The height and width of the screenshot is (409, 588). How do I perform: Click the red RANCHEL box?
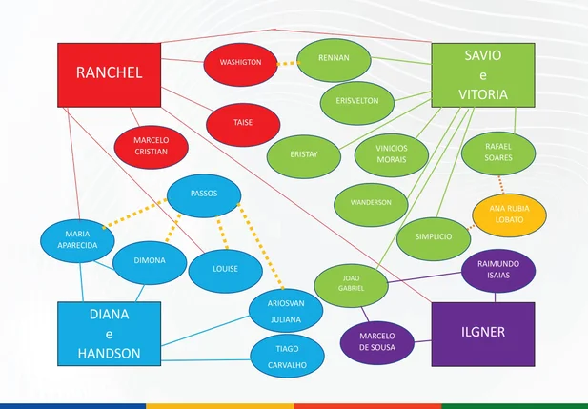[x=110, y=75]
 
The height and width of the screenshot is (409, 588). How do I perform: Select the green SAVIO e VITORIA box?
[x=483, y=75]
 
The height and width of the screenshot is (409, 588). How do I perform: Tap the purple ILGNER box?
[x=483, y=335]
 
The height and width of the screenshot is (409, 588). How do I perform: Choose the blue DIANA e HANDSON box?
[x=110, y=334]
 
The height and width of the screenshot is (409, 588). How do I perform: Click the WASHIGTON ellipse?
[x=241, y=64]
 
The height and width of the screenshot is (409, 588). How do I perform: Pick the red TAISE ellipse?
[x=243, y=125]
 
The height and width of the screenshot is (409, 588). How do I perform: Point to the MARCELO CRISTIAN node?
[x=152, y=147]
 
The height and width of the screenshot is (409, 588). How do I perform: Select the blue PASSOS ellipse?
[x=204, y=195]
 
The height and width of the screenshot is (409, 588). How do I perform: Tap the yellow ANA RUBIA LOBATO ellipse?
[x=509, y=215]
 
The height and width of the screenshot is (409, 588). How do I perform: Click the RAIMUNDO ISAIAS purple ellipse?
[x=498, y=271]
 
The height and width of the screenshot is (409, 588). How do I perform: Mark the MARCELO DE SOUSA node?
[x=377, y=342]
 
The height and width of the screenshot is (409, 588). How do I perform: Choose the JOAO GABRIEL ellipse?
[x=351, y=286]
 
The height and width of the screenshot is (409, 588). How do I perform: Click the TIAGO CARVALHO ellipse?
[x=287, y=357]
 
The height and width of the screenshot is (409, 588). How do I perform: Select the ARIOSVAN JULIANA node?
[x=286, y=310]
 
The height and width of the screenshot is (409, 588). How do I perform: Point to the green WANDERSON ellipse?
[x=371, y=205]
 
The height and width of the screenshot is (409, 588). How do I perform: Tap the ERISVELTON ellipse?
[x=357, y=103]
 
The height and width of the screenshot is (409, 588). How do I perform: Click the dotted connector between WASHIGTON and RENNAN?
[x=288, y=64]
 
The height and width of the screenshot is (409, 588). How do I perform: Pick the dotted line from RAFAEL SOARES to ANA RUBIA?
[x=500, y=185]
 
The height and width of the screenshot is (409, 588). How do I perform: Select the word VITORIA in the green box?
[x=483, y=94]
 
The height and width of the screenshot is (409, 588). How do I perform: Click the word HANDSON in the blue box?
[x=110, y=353]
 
